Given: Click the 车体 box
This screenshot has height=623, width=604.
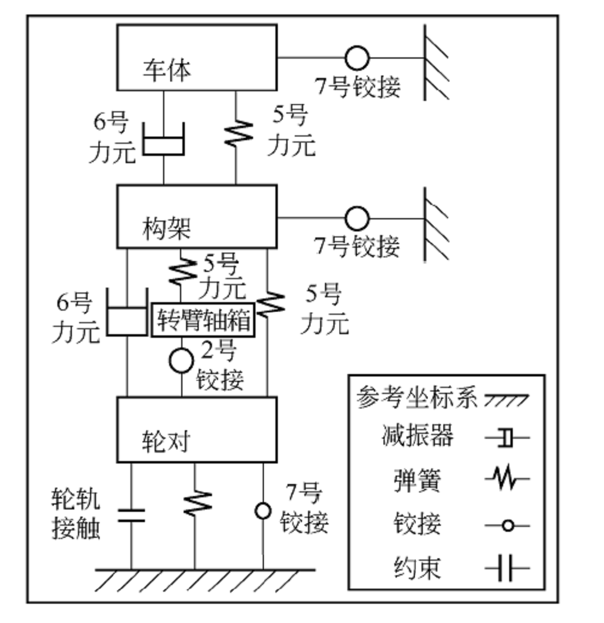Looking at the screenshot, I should pyautogui.click(x=197, y=57).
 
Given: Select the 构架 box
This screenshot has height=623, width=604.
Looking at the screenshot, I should pyautogui.click(x=197, y=216).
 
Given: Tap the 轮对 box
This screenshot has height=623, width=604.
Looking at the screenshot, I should pyautogui.click(x=197, y=430).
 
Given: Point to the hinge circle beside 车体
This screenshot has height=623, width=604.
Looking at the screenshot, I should pyautogui.click(x=357, y=58).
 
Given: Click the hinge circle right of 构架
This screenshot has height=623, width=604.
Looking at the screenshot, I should pyautogui.click(x=357, y=218).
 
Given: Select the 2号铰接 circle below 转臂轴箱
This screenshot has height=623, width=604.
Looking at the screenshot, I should pyautogui.click(x=181, y=361).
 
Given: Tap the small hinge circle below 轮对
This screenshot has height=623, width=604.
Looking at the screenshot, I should pyautogui.click(x=263, y=511).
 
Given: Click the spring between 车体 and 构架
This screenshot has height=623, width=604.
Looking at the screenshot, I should pyautogui.click(x=236, y=133).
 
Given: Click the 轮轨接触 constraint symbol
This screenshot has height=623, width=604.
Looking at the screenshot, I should pyautogui.click(x=131, y=515).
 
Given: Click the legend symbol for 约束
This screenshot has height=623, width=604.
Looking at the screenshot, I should pyautogui.click(x=506, y=568).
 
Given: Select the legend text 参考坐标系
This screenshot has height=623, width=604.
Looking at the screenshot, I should pyautogui.click(x=417, y=398).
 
